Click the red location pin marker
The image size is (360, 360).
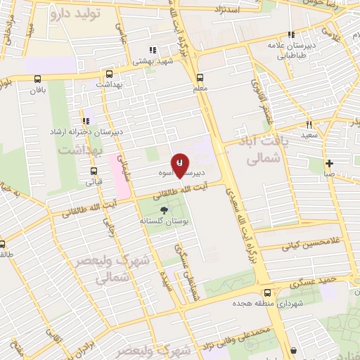tap(180, 164)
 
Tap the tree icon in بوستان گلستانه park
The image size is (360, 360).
tap(165, 210)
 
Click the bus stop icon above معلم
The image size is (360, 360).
tap(200, 77)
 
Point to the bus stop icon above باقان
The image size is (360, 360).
tap(37, 79)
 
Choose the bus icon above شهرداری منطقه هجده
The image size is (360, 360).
tap(266, 292)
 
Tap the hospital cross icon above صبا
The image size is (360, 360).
tap(329, 163)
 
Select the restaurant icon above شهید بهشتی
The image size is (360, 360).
tap(153, 50)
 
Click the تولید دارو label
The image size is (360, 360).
tap(78, 14)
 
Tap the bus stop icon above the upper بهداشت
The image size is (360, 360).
tap(109, 73)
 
